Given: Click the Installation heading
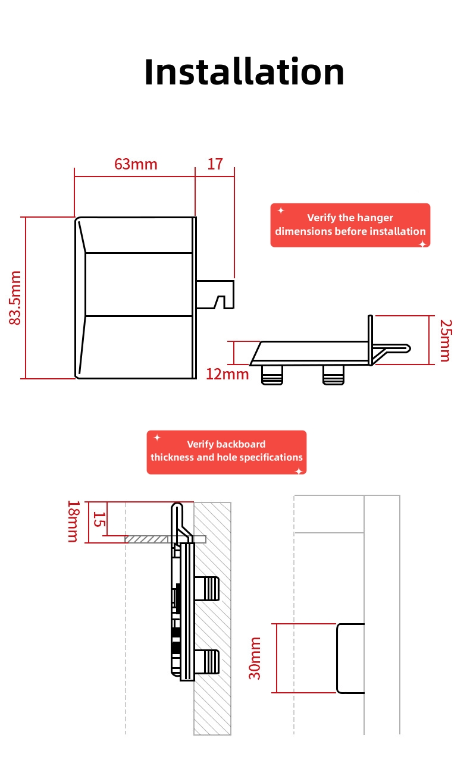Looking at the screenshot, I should pos(244,72).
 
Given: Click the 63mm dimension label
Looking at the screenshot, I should pos(136,164).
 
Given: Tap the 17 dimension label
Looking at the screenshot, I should pos(215,164).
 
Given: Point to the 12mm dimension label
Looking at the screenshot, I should pos(227,374).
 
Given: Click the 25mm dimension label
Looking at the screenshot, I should pos(445,340).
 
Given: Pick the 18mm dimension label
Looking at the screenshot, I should pos(73,521).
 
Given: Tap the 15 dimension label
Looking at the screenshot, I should pos(99,520).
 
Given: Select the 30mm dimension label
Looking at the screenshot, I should pos(255,658).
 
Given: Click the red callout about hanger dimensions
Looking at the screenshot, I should pos(350,225).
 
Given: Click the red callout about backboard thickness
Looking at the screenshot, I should pos(226,452).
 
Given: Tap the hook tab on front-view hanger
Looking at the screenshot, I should pos(215,294).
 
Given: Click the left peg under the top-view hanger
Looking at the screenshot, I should pos(272,375).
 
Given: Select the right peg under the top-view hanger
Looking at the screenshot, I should pos(333,375).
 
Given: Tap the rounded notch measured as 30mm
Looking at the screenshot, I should pos(350,658).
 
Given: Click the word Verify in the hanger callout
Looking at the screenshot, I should pos(321,218).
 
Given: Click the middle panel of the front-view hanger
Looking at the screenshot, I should pos(139,284).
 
